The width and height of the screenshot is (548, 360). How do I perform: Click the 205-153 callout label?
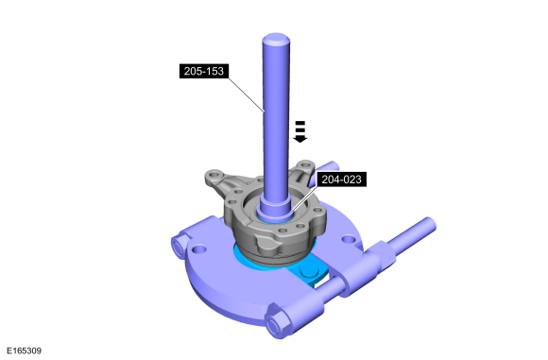[204, 71]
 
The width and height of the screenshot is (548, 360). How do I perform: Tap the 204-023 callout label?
[341, 180]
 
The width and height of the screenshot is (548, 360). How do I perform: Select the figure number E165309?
[25, 351]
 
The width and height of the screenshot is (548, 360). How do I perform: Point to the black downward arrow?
[300, 131]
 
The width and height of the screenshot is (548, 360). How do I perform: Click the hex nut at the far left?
[179, 247]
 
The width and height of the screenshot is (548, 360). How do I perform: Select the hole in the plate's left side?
[199, 249]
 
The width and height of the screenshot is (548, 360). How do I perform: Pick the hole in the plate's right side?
[349, 239]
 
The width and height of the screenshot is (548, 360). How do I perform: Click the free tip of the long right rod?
[431, 223]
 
